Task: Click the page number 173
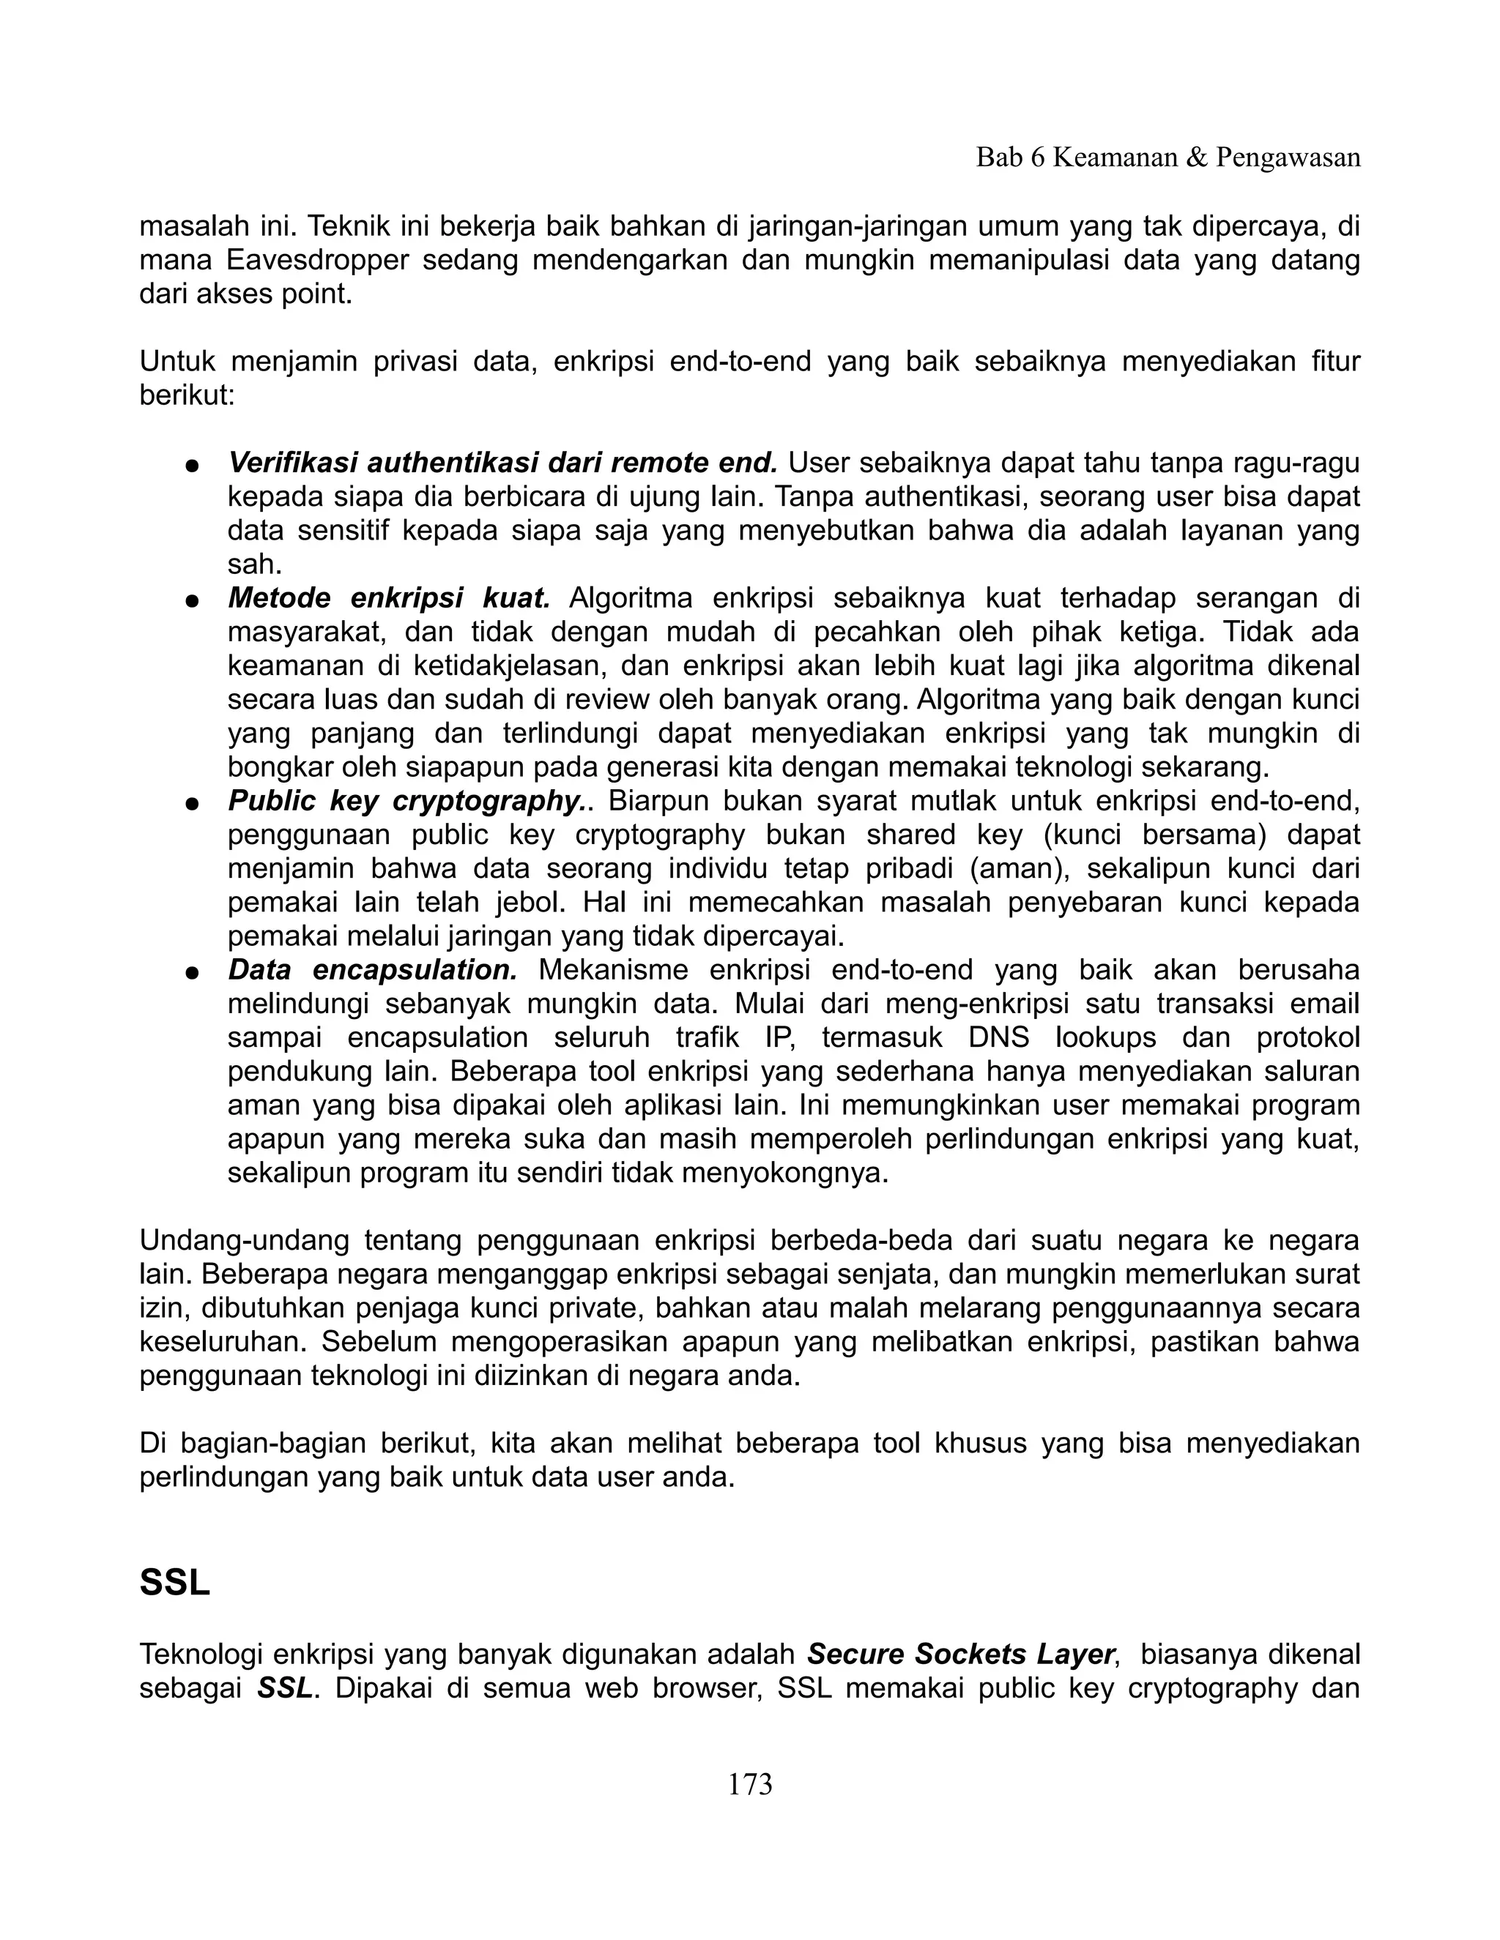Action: (749, 1783)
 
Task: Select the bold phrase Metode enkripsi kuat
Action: (389, 598)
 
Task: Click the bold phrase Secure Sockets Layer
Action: (959, 1654)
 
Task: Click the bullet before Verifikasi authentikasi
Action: (190, 466)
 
